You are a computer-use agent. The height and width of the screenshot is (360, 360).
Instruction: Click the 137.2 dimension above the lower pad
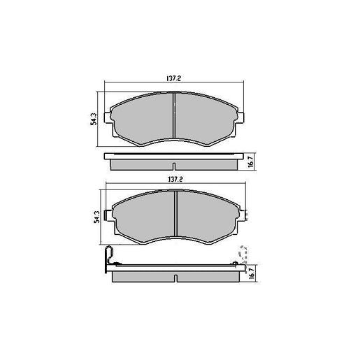[175, 179]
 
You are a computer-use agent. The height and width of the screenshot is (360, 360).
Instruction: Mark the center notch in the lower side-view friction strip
[174, 278]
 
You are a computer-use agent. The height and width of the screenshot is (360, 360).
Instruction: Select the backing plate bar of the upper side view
[175, 157]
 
